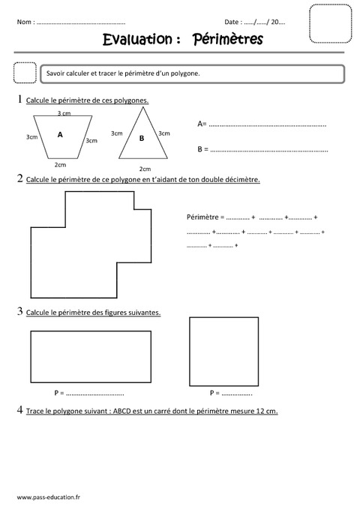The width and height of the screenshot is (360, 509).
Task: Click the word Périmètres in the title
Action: pos(228,40)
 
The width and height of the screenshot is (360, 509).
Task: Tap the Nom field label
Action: pos(25,22)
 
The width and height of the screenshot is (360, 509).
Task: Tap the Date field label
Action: pos(233,22)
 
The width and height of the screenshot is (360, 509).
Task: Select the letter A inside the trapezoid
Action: pos(60,135)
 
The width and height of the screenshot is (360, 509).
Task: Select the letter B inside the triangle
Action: pos(141,138)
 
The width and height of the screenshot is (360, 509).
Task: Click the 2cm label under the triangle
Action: pos(145,169)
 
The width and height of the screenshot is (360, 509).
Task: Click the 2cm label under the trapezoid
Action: pos(60,164)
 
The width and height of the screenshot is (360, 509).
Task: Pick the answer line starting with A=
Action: pos(262,123)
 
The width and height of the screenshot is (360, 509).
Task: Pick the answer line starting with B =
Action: pos(262,149)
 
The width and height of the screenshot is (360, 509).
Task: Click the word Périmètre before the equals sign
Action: pos(202,217)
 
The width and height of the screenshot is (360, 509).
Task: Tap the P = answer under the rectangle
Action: pos(88,393)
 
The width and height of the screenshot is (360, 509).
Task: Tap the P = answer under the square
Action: pos(231,393)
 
